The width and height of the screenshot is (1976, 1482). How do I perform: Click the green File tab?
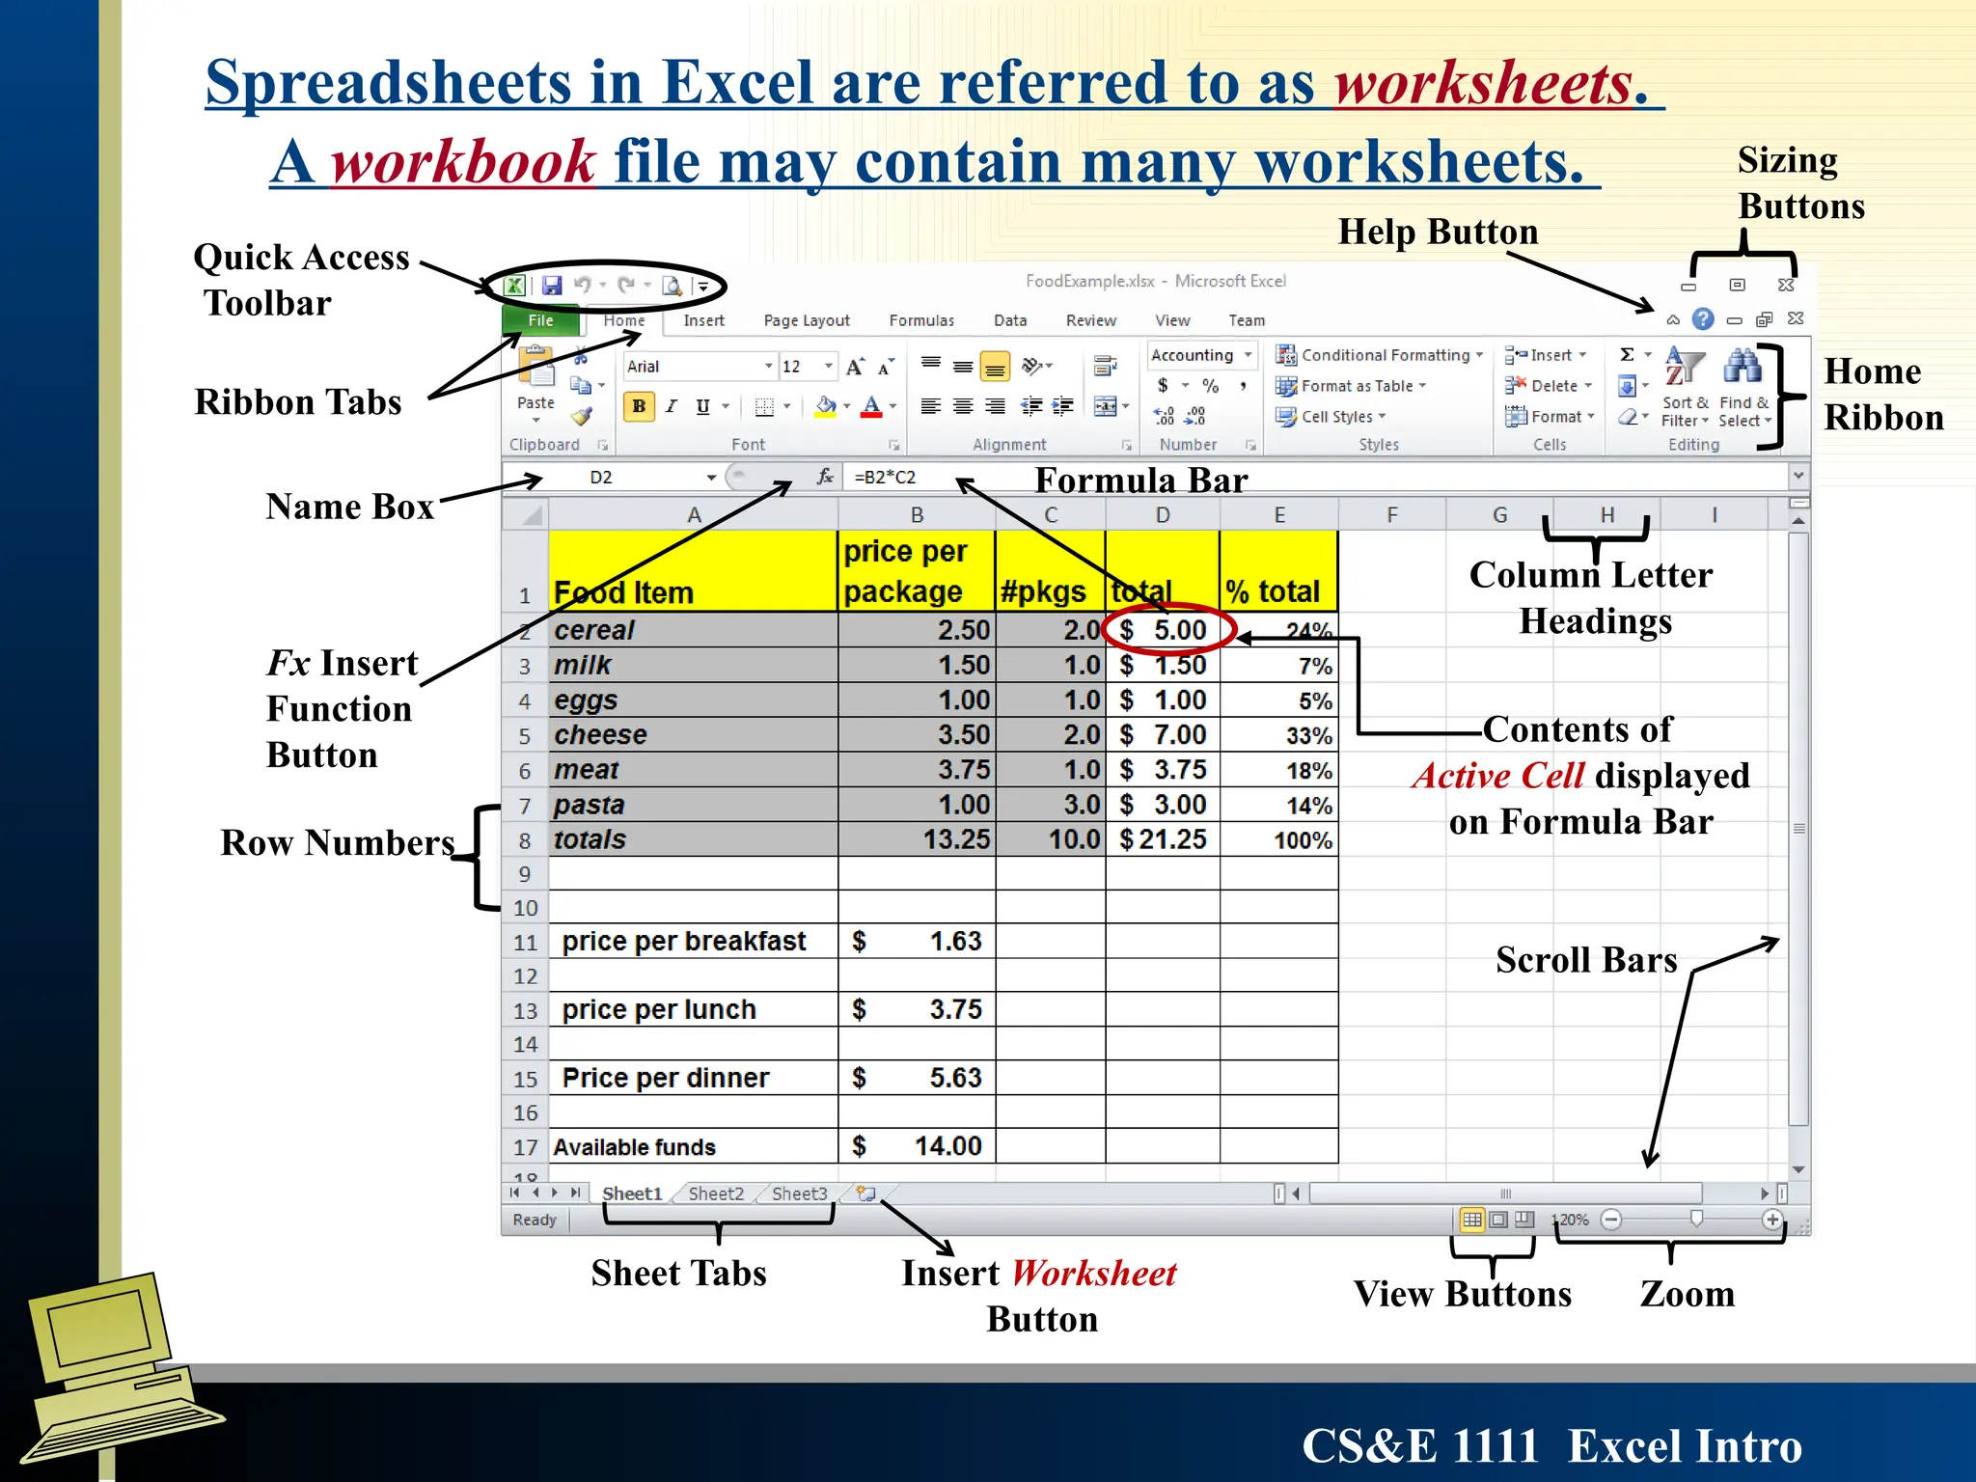(x=540, y=320)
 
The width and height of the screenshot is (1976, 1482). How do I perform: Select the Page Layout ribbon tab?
(x=806, y=320)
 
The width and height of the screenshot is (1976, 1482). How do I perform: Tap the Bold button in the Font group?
(x=639, y=406)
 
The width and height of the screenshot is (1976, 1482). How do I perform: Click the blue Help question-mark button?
(x=1703, y=318)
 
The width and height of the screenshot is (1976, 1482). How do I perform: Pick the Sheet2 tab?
(x=716, y=1194)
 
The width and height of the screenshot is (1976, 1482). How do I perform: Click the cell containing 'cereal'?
(x=692, y=630)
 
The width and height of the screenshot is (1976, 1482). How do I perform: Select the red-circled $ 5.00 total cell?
(x=1164, y=630)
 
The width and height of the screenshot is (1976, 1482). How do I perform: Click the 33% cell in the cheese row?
(x=1279, y=735)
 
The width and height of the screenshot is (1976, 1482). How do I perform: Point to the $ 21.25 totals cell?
(x=1164, y=839)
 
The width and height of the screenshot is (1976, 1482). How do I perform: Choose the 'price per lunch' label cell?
(x=692, y=1009)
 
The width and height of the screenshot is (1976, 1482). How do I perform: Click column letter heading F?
(x=1391, y=515)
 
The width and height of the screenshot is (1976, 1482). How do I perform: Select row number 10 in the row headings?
(x=525, y=908)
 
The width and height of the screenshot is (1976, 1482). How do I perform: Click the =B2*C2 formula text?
(x=885, y=477)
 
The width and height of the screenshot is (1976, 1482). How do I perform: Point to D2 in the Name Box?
(x=601, y=477)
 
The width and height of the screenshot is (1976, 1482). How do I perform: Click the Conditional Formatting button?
(x=1380, y=355)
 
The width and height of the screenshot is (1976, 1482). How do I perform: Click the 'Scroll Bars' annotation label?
(x=1586, y=960)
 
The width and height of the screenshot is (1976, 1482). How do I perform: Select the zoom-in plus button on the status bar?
(x=1771, y=1220)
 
